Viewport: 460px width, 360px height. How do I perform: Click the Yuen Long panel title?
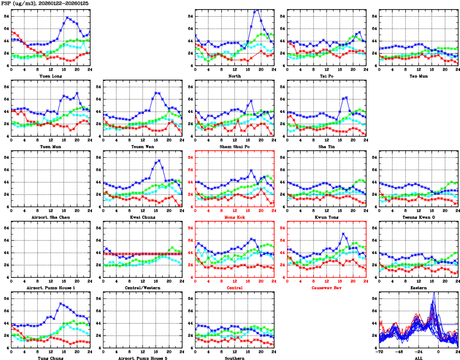click(x=51, y=76)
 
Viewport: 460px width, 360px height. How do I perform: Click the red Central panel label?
click(x=235, y=288)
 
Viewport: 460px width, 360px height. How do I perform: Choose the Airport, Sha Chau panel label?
click(x=51, y=217)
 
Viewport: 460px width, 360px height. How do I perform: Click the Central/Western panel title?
click(x=143, y=288)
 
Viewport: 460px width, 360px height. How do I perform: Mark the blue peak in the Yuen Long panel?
click(x=67, y=18)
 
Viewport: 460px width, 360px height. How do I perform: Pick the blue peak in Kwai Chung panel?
click(x=159, y=161)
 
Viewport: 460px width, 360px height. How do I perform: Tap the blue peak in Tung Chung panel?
click(x=61, y=303)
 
